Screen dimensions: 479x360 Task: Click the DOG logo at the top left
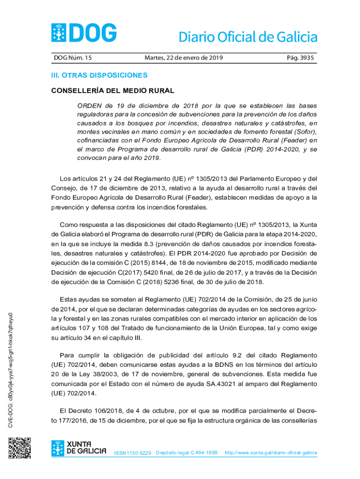(84, 33)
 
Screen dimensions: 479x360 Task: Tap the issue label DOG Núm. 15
(72, 58)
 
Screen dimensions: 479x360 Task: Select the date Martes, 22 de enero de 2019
(184, 58)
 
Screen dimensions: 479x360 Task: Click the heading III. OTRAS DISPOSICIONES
(99, 75)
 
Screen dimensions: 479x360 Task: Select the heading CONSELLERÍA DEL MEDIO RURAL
(112, 90)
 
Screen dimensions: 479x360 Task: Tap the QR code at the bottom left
(20, 448)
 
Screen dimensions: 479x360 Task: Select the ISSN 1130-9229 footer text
(132, 453)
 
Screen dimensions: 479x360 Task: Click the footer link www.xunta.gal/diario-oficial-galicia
(271, 453)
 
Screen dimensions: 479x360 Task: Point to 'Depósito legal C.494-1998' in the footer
(187, 453)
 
